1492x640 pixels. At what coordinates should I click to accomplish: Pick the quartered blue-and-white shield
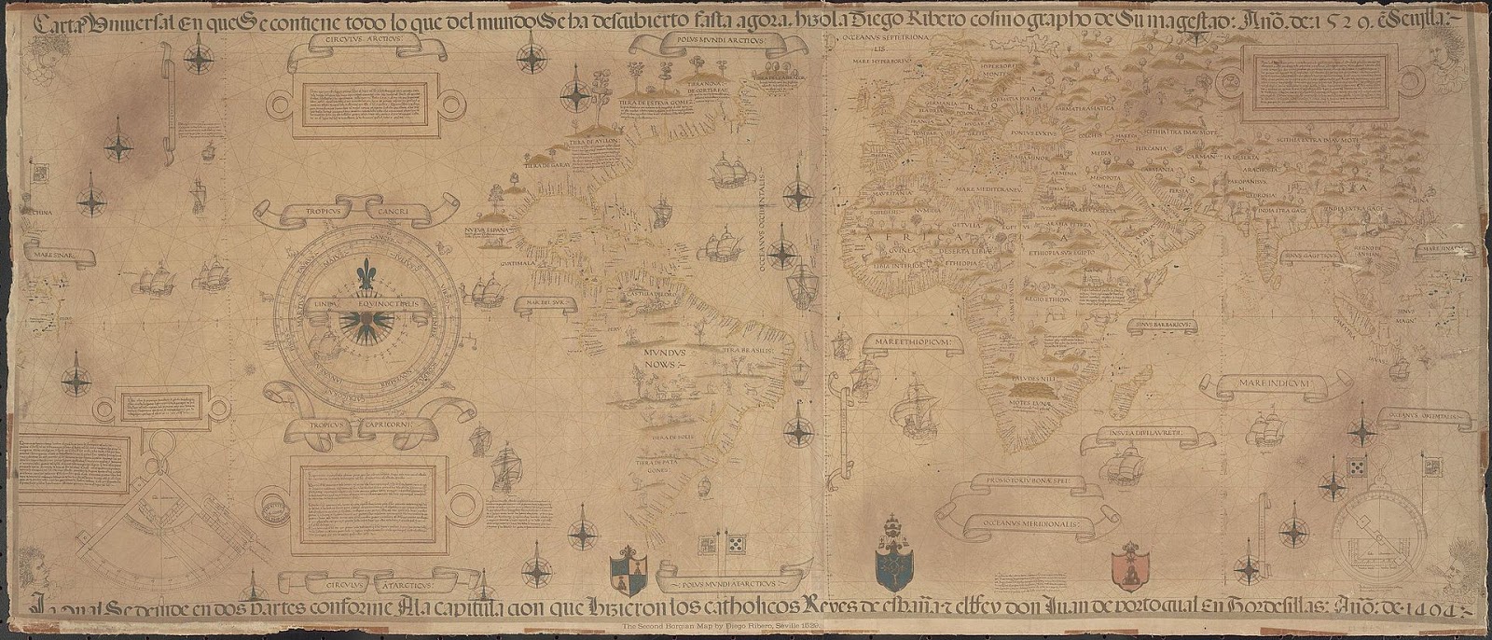[x=627, y=573]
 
